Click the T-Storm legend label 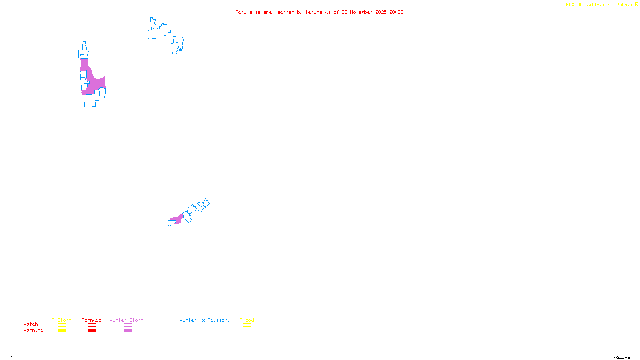[62, 320]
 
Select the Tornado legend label [92, 320]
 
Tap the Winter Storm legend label [126, 320]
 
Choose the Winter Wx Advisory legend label [205, 320]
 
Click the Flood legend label [247, 320]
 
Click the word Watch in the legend [31, 324]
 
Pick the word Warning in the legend [33, 330]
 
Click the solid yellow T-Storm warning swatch [62, 331]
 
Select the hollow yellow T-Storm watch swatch [62, 325]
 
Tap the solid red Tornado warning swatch [92, 331]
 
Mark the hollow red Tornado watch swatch [92, 325]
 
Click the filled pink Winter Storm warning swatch [128, 331]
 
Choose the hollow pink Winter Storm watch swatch [128, 325]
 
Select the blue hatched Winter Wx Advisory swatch [204, 331]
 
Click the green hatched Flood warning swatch [247, 331]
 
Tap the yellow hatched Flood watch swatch [247, 325]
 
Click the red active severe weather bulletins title [319, 12]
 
